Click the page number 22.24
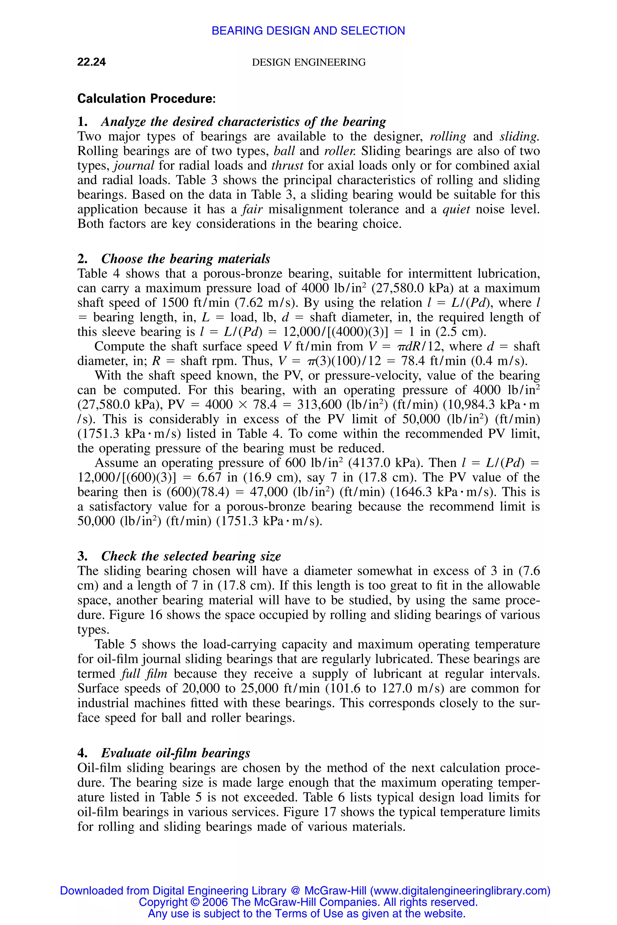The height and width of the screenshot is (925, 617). click(91, 62)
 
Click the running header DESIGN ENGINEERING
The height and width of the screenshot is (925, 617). click(308, 63)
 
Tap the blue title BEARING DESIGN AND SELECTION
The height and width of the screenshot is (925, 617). click(308, 31)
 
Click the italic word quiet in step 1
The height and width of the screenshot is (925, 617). click(456, 209)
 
